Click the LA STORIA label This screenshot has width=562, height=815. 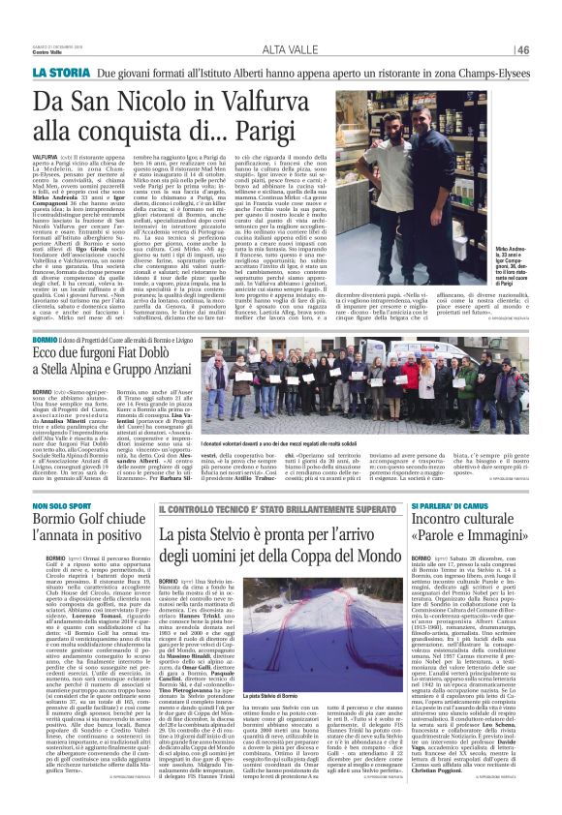tap(62, 74)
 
